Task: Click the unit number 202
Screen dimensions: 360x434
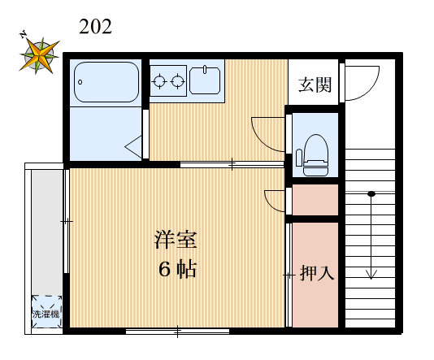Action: pos(95,27)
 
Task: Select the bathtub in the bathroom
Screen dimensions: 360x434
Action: pos(106,82)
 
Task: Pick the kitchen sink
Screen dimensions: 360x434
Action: pos(205,80)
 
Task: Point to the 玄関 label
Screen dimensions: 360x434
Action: pos(315,83)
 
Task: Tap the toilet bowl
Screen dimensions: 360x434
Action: pos(315,151)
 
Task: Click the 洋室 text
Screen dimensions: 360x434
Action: pos(176,241)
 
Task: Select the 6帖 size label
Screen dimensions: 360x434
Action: pos(176,271)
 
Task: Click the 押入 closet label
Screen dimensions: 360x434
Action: pos(317,273)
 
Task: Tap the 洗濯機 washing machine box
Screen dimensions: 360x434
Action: pos(46,312)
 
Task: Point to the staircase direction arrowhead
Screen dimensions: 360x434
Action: pos(371,274)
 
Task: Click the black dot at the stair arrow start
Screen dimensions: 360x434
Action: pos(371,194)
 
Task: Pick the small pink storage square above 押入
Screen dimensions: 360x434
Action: pos(315,200)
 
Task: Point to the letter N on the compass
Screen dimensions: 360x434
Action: pos(24,35)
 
